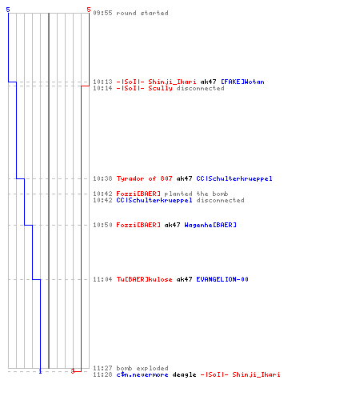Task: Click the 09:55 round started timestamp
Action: coord(102,13)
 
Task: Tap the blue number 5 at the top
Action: coord(8,10)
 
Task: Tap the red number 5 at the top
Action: coord(89,10)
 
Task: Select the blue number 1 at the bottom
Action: coord(40,371)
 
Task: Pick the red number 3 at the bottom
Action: coord(73,371)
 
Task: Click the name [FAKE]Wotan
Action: coord(242,82)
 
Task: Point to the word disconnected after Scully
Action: coord(200,88)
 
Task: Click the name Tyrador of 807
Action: coord(144,178)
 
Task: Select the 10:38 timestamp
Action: coord(102,178)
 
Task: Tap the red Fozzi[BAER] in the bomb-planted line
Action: coord(138,194)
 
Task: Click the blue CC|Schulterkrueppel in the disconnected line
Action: coord(154,200)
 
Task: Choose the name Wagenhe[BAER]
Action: coord(210,225)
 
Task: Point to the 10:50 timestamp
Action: coord(102,225)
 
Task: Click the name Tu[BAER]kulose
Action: coord(144,279)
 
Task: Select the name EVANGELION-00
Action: coord(222,279)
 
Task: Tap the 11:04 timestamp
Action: coord(102,279)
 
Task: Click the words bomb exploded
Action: coord(142,368)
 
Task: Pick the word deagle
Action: coord(184,375)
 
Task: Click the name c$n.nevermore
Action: coord(142,374)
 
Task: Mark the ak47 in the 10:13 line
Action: coord(208,82)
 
